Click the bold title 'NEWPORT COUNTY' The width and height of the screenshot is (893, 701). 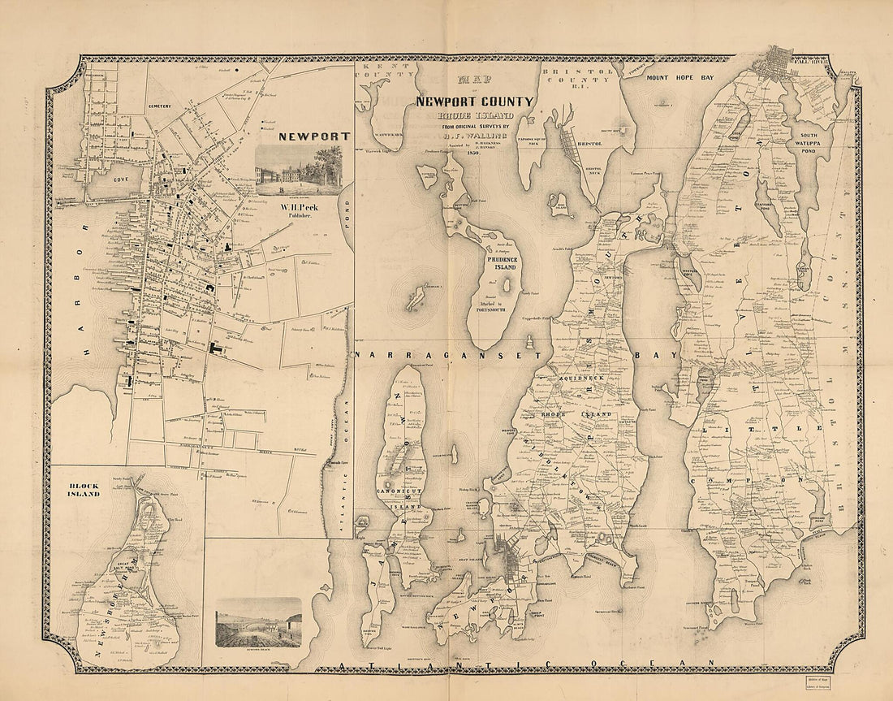(475, 102)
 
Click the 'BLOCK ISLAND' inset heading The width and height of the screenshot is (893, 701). (84, 490)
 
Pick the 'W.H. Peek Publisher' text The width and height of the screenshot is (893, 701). (298, 210)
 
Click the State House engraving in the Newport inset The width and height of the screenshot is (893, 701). (298, 170)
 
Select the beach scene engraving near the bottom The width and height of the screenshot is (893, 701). (258, 622)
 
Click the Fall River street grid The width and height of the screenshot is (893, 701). (777, 66)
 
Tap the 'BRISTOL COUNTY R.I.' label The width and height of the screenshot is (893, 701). (580, 76)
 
